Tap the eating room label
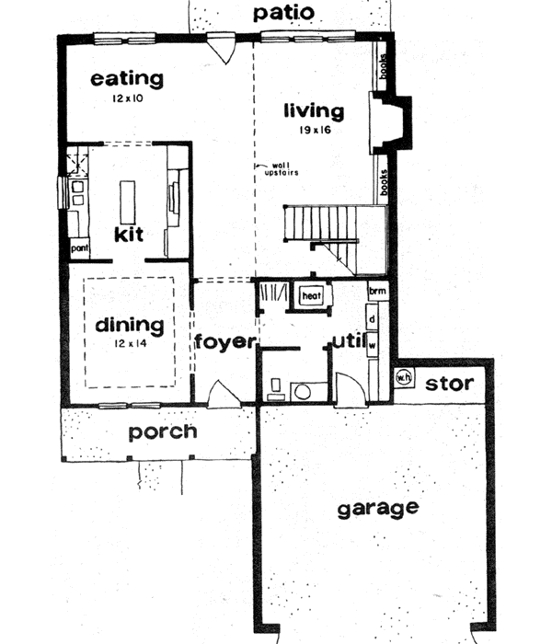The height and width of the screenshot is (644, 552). click(127, 79)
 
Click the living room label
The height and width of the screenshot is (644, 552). click(314, 112)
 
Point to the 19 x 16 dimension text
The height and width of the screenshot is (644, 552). click(314, 132)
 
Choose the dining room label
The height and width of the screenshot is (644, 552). click(129, 325)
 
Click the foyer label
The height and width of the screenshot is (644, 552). click(224, 342)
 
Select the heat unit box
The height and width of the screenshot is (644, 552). click(310, 296)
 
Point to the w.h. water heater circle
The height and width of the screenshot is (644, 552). click(403, 376)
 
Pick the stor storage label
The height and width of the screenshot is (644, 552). click(450, 382)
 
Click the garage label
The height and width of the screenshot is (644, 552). click(377, 508)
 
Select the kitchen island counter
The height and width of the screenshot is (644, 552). click(129, 197)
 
